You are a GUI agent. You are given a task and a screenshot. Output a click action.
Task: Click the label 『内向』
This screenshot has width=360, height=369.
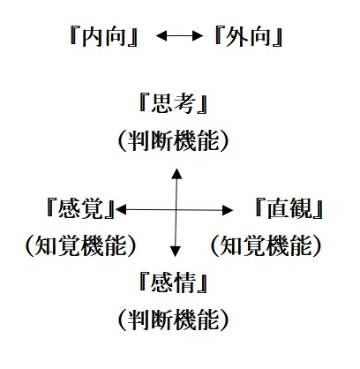coord(104,36)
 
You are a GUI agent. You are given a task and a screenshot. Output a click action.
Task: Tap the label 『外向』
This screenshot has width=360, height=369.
coord(248,36)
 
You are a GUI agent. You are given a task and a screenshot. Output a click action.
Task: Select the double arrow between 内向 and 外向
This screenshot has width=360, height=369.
coord(179,36)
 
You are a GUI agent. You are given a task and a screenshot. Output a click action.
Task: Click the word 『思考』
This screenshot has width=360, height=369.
coord(173,103)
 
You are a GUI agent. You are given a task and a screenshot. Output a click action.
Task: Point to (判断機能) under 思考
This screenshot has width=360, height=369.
coord(174,140)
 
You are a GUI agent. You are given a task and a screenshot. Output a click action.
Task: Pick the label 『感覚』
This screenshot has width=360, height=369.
coord(80,208)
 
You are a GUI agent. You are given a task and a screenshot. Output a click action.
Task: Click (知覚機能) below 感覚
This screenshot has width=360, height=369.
coord(81,245)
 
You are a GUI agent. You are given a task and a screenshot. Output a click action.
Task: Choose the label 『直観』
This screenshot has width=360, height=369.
coord(289,208)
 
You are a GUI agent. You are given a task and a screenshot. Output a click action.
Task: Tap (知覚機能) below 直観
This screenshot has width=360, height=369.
coord(266,245)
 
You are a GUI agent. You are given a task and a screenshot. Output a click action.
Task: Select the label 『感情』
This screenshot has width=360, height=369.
coord(173,282)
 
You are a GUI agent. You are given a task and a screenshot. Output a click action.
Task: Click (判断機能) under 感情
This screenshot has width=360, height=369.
coord(174,320)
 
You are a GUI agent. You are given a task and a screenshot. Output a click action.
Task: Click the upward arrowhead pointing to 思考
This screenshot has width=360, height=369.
coord(176,174)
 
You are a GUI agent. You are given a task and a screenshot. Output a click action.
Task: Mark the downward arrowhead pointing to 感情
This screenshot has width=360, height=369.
coord(176,251)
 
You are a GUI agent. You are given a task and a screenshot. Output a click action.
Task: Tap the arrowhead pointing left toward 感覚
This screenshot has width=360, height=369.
coord(121,209)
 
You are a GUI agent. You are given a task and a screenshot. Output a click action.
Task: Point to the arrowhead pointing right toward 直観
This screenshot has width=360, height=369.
coord(228,210)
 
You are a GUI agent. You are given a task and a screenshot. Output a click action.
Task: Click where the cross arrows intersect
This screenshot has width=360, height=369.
coord(176,210)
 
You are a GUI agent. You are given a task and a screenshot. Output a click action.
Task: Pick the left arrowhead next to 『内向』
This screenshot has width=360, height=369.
coord(161,36)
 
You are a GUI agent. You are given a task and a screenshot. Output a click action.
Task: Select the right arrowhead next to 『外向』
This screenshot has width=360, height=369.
coord(198,36)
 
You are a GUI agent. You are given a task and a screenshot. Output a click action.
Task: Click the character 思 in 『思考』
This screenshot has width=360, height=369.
coord(161,103)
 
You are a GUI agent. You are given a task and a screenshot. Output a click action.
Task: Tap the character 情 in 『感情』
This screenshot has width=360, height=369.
coord(184,282)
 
